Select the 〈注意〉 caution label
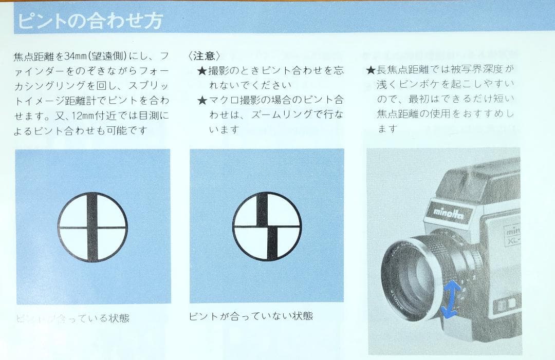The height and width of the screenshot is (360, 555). (x=205, y=56)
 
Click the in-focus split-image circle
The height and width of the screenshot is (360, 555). (x=92, y=226)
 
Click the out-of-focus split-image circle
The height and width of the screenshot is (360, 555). (x=267, y=226)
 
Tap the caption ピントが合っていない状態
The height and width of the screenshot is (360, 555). (x=251, y=315)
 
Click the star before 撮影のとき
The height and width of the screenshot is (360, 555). (x=202, y=70)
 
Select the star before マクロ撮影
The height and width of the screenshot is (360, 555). (x=202, y=100)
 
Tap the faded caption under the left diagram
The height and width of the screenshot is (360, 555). (x=72, y=318)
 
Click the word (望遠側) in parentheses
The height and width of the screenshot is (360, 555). (x=112, y=55)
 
